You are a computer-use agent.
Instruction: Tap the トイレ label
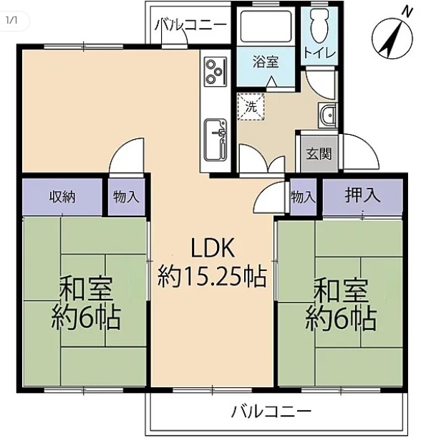[319, 53]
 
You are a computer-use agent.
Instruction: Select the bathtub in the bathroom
[266, 27]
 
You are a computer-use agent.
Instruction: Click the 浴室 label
[266, 62]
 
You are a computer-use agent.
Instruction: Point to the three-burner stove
[216, 71]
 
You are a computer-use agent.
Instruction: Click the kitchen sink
[216, 140]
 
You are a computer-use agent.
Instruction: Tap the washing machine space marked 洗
[251, 107]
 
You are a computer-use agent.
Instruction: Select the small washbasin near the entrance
[327, 115]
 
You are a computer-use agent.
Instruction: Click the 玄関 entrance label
[319, 154]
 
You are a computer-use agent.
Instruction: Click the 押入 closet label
[362, 196]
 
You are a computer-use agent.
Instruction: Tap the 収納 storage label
[62, 197]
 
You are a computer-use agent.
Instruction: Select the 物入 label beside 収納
[126, 197]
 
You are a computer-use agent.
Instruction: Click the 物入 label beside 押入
[304, 197]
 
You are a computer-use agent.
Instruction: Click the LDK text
[213, 248]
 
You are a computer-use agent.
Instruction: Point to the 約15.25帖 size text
[213, 276]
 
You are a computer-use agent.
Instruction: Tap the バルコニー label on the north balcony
[191, 25]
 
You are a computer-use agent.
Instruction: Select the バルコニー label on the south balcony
[271, 412]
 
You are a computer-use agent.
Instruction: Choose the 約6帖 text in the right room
[341, 319]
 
